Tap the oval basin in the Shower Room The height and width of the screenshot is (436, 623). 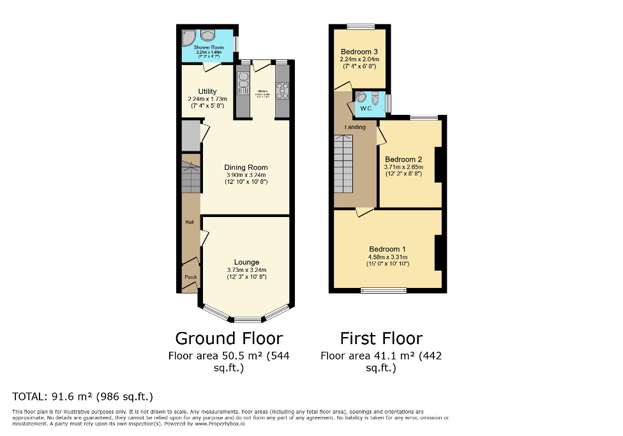pos(208,36)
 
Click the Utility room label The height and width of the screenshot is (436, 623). pos(207,91)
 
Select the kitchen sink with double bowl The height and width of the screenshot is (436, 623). pos(243,82)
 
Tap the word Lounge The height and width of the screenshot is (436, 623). pos(246,262)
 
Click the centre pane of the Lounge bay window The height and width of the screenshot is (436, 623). pos(247,319)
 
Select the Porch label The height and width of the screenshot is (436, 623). pos(190,277)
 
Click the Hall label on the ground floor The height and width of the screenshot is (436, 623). pos(190,222)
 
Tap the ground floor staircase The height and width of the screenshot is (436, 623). pos(190,177)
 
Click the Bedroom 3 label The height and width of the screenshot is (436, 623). pos(359,52)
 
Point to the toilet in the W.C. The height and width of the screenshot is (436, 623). pos(375,99)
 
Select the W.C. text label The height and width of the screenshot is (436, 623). pos(366,108)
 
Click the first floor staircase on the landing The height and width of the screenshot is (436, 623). pos(343,163)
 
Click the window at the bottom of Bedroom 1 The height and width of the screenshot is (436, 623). pos(384,290)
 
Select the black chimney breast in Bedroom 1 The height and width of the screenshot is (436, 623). pos(439,252)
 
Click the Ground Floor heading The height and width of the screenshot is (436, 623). pos(229,338)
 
